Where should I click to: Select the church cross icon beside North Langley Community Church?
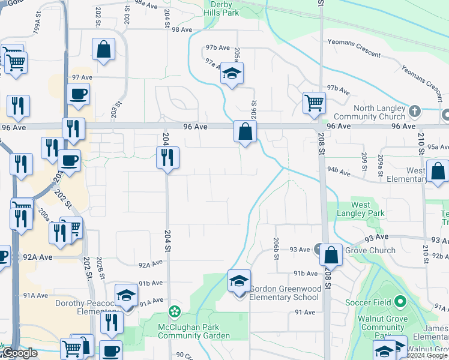click(x=414, y=111)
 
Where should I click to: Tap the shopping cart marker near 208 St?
click(x=314, y=104)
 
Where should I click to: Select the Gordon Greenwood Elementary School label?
click(x=285, y=293)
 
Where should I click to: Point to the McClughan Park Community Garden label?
click(x=193, y=331)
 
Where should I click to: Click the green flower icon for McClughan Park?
click(x=174, y=311)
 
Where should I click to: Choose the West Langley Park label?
click(x=361, y=209)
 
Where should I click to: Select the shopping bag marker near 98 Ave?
click(x=103, y=50)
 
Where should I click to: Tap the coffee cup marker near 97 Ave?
click(x=79, y=94)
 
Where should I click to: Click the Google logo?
click(x=20, y=353)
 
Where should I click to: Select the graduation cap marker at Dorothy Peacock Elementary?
click(x=127, y=295)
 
